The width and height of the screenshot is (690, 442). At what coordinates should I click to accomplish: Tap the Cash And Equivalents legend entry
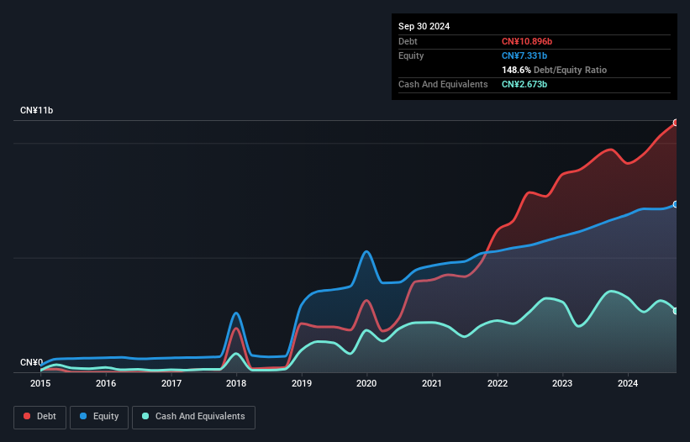tap(193, 416)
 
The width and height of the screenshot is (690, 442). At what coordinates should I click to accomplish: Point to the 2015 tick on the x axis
tap(40, 383)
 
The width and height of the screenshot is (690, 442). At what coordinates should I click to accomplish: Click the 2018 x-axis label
tap(236, 383)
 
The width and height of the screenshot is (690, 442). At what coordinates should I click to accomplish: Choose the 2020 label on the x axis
tap(366, 383)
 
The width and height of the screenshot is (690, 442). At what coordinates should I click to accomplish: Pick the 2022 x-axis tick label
tap(498, 383)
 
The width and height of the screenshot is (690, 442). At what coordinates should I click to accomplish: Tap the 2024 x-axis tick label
tap(628, 383)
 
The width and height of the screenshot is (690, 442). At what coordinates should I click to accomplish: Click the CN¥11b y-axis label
tap(37, 111)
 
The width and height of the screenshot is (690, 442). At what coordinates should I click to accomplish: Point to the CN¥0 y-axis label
tap(32, 363)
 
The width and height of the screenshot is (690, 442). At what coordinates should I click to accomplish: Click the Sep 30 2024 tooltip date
tap(424, 26)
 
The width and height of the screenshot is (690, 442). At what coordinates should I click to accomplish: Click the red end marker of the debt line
tap(676, 123)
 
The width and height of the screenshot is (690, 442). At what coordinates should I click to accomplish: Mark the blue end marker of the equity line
tap(676, 204)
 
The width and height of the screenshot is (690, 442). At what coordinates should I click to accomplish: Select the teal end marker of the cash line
tap(676, 311)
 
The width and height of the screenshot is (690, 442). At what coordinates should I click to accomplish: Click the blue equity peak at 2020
tap(366, 251)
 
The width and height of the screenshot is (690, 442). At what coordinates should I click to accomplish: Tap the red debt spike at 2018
tap(236, 329)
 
